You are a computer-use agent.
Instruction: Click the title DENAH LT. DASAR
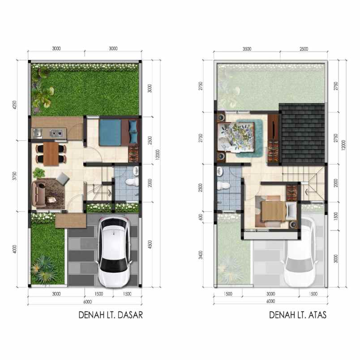[x=111, y=315]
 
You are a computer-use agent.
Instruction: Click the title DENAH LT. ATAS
[x=298, y=315]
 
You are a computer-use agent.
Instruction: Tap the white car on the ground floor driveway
[x=114, y=252]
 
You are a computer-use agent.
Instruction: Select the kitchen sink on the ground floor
[x=37, y=133]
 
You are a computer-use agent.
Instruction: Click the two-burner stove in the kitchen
[x=56, y=133]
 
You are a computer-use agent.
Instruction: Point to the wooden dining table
[x=51, y=154]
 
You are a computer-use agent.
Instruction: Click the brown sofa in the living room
[x=39, y=194]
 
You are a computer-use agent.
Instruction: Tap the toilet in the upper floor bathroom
[x=223, y=185]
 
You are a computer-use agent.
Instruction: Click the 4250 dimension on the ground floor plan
[x=15, y=105]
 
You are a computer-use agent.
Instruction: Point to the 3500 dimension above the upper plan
[x=247, y=49]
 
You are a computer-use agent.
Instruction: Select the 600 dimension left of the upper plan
[x=201, y=217]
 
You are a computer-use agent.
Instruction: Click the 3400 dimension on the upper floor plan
[x=201, y=255]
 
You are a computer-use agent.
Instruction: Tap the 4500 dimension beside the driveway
[x=150, y=244]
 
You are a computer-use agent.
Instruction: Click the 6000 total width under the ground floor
[x=87, y=302]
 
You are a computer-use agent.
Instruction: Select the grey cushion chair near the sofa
[x=63, y=178]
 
